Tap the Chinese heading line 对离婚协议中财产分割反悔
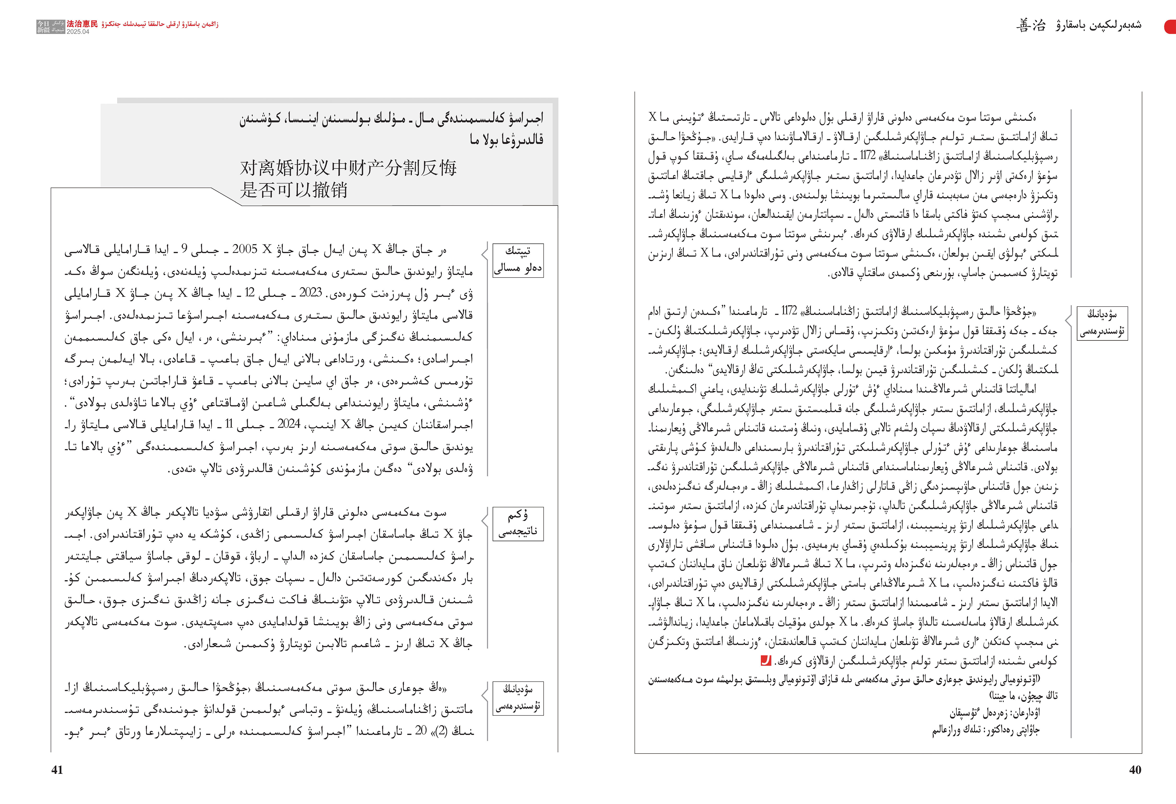348,168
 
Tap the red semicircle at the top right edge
1171,26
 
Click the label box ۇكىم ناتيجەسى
518,524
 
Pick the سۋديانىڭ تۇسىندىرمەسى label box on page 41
518,698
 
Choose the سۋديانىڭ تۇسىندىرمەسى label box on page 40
1102,322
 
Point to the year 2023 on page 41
311,293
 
